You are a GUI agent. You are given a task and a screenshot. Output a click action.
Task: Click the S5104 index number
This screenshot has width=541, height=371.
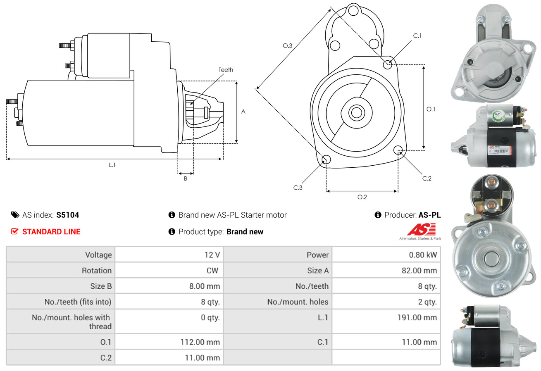click(x=67, y=215)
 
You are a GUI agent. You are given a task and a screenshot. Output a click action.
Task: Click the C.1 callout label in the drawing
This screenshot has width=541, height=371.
click(x=417, y=36)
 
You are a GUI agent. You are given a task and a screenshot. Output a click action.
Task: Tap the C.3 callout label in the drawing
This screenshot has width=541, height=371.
click(x=298, y=188)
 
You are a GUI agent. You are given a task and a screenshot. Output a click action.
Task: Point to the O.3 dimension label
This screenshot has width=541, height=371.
click(x=288, y=46)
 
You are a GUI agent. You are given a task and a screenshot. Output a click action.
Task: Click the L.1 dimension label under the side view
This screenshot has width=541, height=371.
click(x=112, y=165)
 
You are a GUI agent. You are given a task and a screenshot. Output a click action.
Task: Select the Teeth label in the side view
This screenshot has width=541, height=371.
click(x=226, y=70)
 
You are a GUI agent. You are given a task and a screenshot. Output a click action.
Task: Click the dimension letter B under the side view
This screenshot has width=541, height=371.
click(x=186, y=178)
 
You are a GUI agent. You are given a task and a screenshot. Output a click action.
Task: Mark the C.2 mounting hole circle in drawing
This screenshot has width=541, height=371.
click(x=398, y=150)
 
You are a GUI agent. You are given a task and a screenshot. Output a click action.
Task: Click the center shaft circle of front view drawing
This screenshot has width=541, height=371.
click(x=355, y=112)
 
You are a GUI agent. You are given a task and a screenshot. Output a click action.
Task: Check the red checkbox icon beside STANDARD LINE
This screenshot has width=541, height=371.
click(x=15, y=232)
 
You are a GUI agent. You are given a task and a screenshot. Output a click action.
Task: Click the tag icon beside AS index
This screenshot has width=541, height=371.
click(x=15, y=215)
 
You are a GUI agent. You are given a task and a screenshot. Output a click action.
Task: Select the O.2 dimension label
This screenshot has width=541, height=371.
click(x=362, y=197)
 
